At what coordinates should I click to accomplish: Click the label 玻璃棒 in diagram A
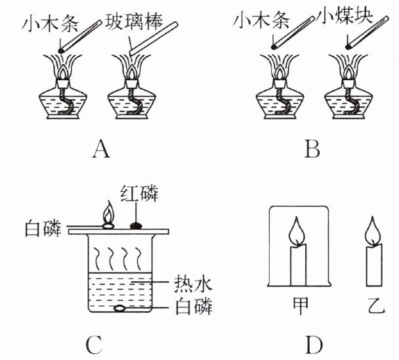[134, 22]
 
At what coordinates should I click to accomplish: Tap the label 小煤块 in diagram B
[345, 16]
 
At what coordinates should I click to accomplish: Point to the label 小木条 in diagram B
[261, 20]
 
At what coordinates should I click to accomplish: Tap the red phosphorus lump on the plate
[136, 226]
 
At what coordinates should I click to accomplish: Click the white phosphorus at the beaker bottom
[119, 309]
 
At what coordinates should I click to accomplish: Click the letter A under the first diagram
[101, 150]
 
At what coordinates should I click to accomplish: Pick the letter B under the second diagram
[312, 150]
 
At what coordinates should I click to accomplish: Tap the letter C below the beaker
[94, 346]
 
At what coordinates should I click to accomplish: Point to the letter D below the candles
[314, 346]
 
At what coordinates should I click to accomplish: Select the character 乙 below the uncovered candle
[376, 306]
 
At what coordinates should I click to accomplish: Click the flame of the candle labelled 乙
[373, 231]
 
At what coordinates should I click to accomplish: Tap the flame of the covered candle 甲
[297, 231]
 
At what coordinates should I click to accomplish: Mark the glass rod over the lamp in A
[154, 38]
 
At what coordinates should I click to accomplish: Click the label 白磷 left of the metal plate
[43, 229]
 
